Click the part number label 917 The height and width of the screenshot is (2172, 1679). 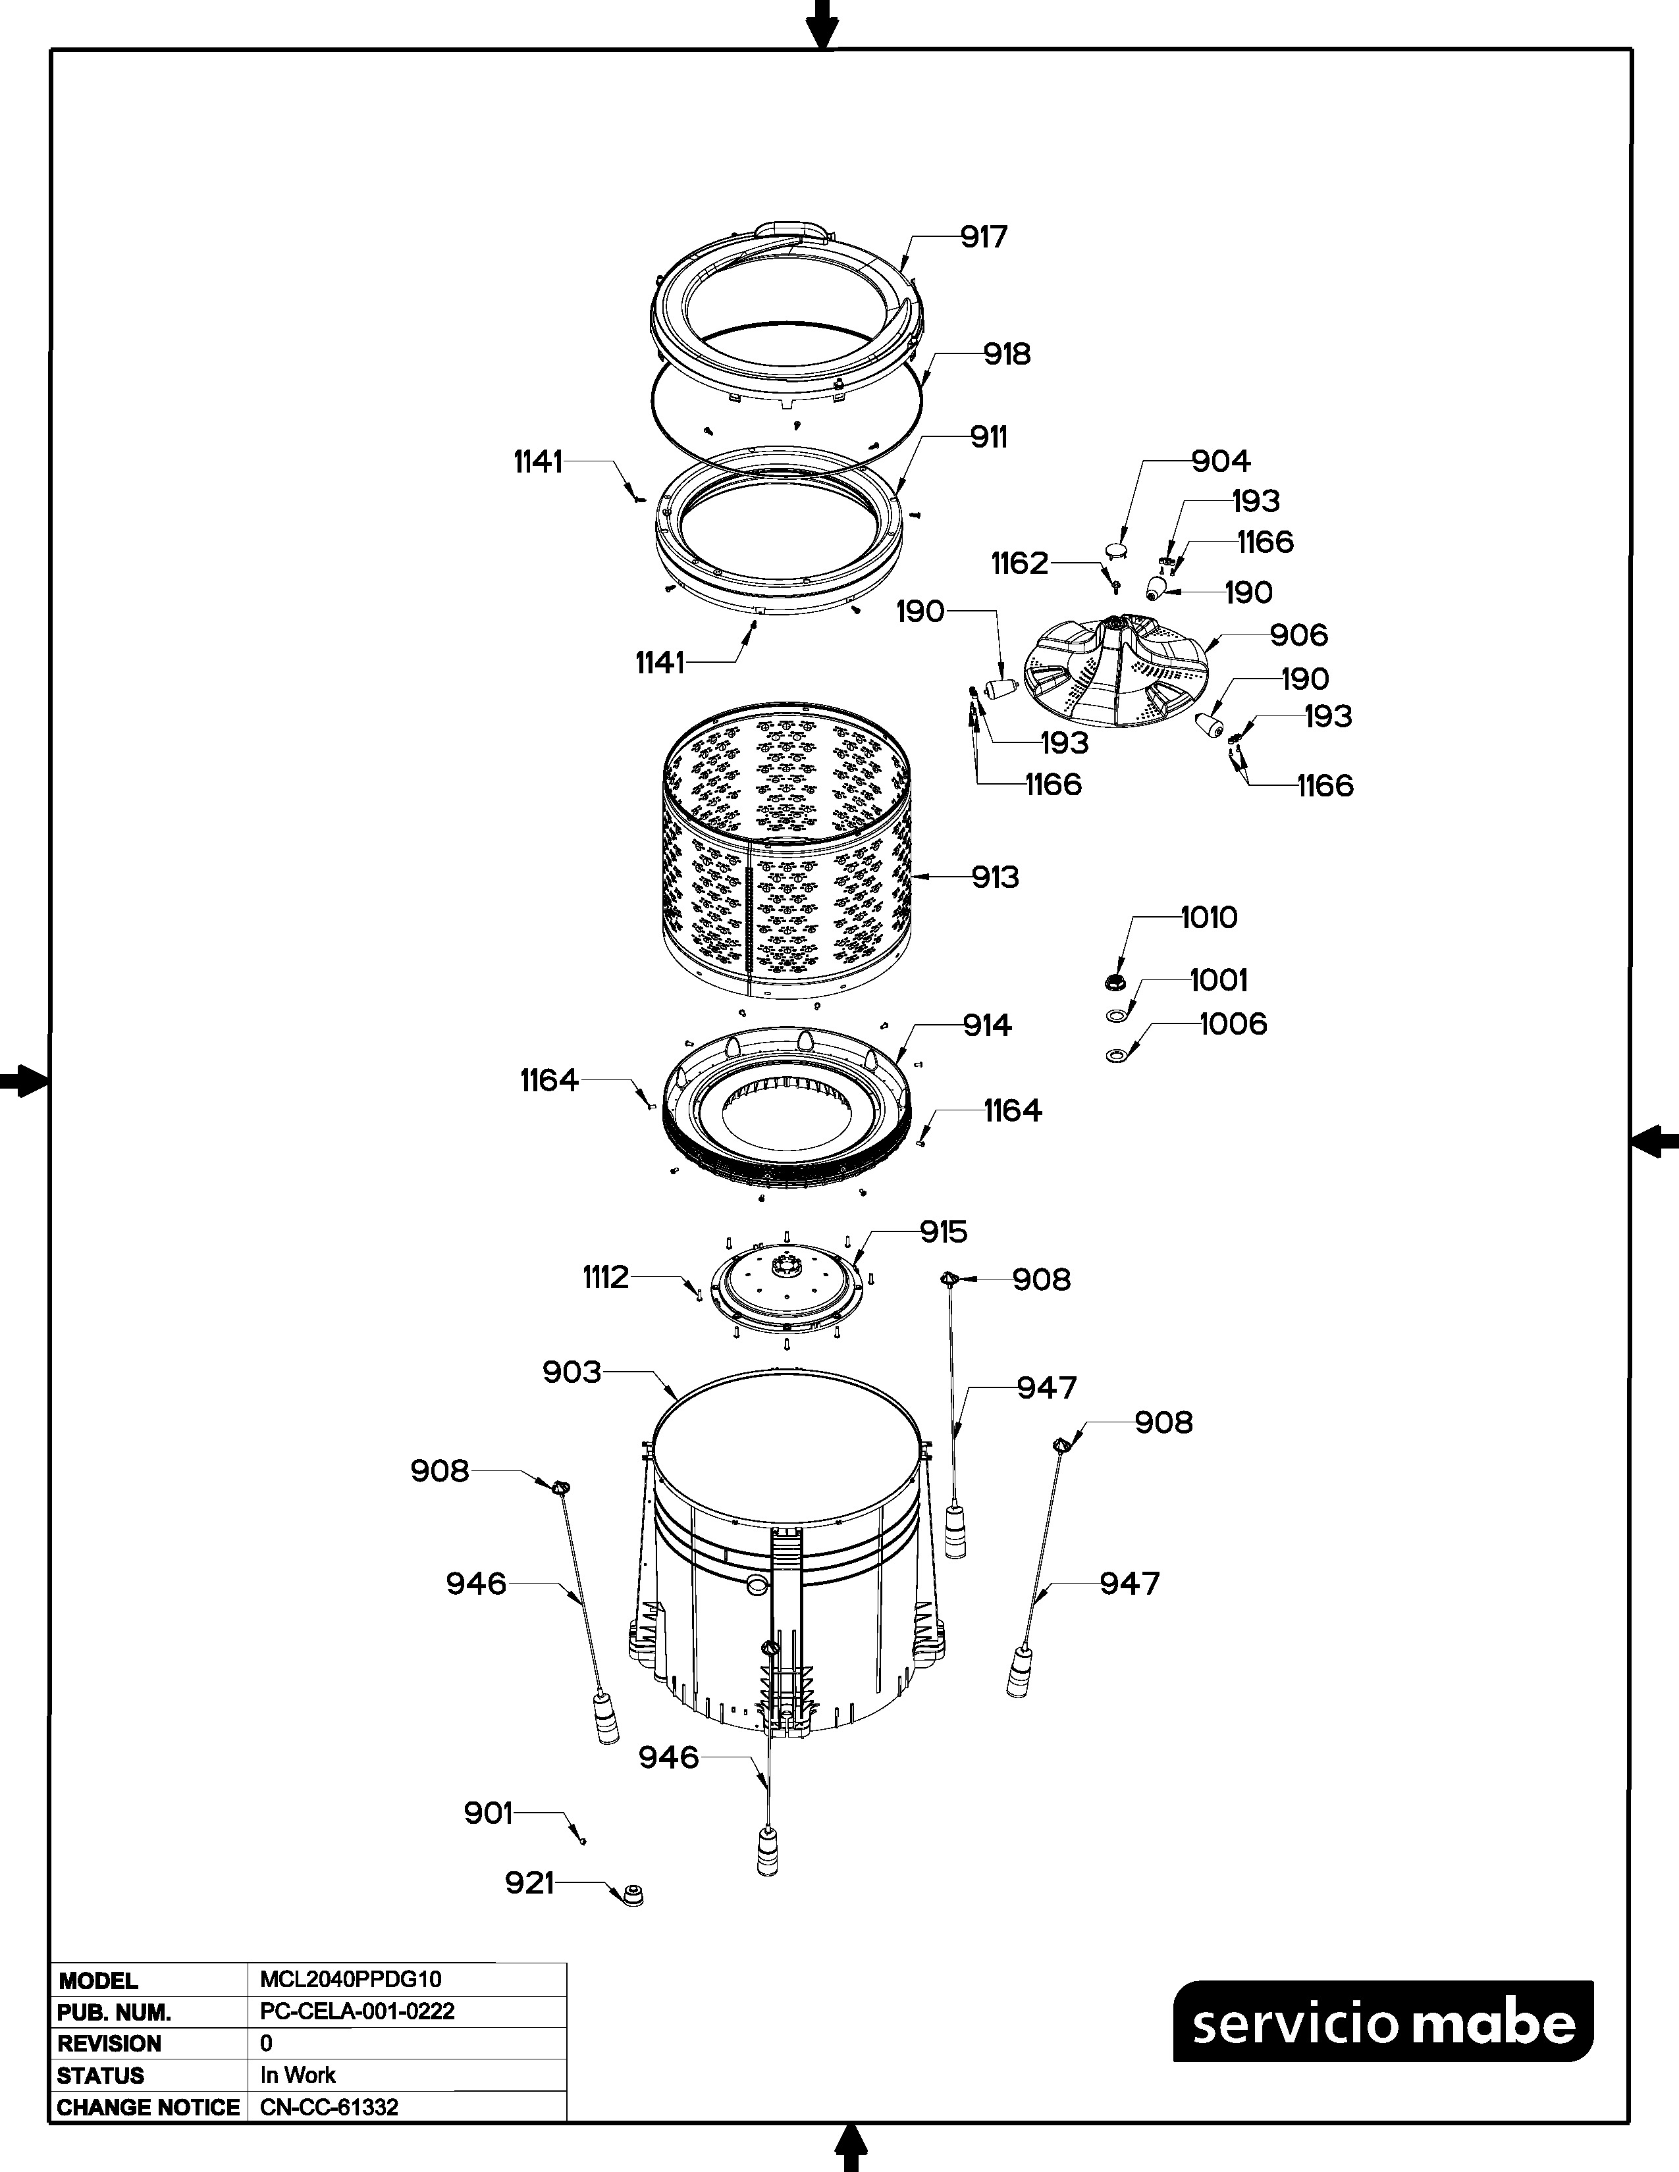point(984,237)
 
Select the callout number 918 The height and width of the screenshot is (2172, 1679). point(1007,354)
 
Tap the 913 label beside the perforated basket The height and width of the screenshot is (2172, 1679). point(995,877)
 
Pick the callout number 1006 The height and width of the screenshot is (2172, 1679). point(1233,1024)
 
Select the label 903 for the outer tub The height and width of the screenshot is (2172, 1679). point(572,1372)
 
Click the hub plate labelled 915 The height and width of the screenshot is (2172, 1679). point(786,1290)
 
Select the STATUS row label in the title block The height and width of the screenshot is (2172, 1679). point(101,2075)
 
